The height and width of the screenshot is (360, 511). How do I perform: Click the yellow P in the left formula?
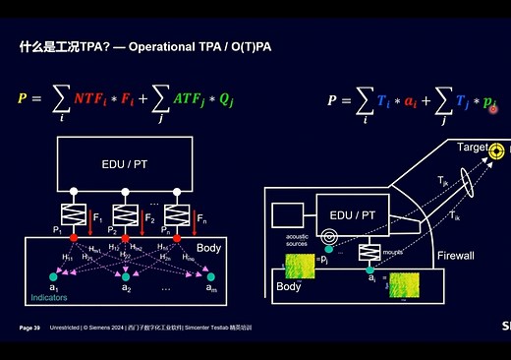[22, 97]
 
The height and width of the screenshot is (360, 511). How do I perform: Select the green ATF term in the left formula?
[186, 97]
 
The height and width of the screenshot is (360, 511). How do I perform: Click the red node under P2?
[125, 237]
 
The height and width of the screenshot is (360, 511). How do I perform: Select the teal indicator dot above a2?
[126, 276]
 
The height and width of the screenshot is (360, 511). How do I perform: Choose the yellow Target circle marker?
[498, 150]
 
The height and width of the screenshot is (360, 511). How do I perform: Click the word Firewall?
[456, 255]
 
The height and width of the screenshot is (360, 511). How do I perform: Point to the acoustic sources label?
[297, 240]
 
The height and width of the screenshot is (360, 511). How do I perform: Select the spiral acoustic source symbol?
[331, 237]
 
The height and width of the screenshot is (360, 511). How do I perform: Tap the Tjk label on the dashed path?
[444, 181]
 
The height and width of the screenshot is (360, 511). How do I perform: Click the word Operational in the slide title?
[166, 46]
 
